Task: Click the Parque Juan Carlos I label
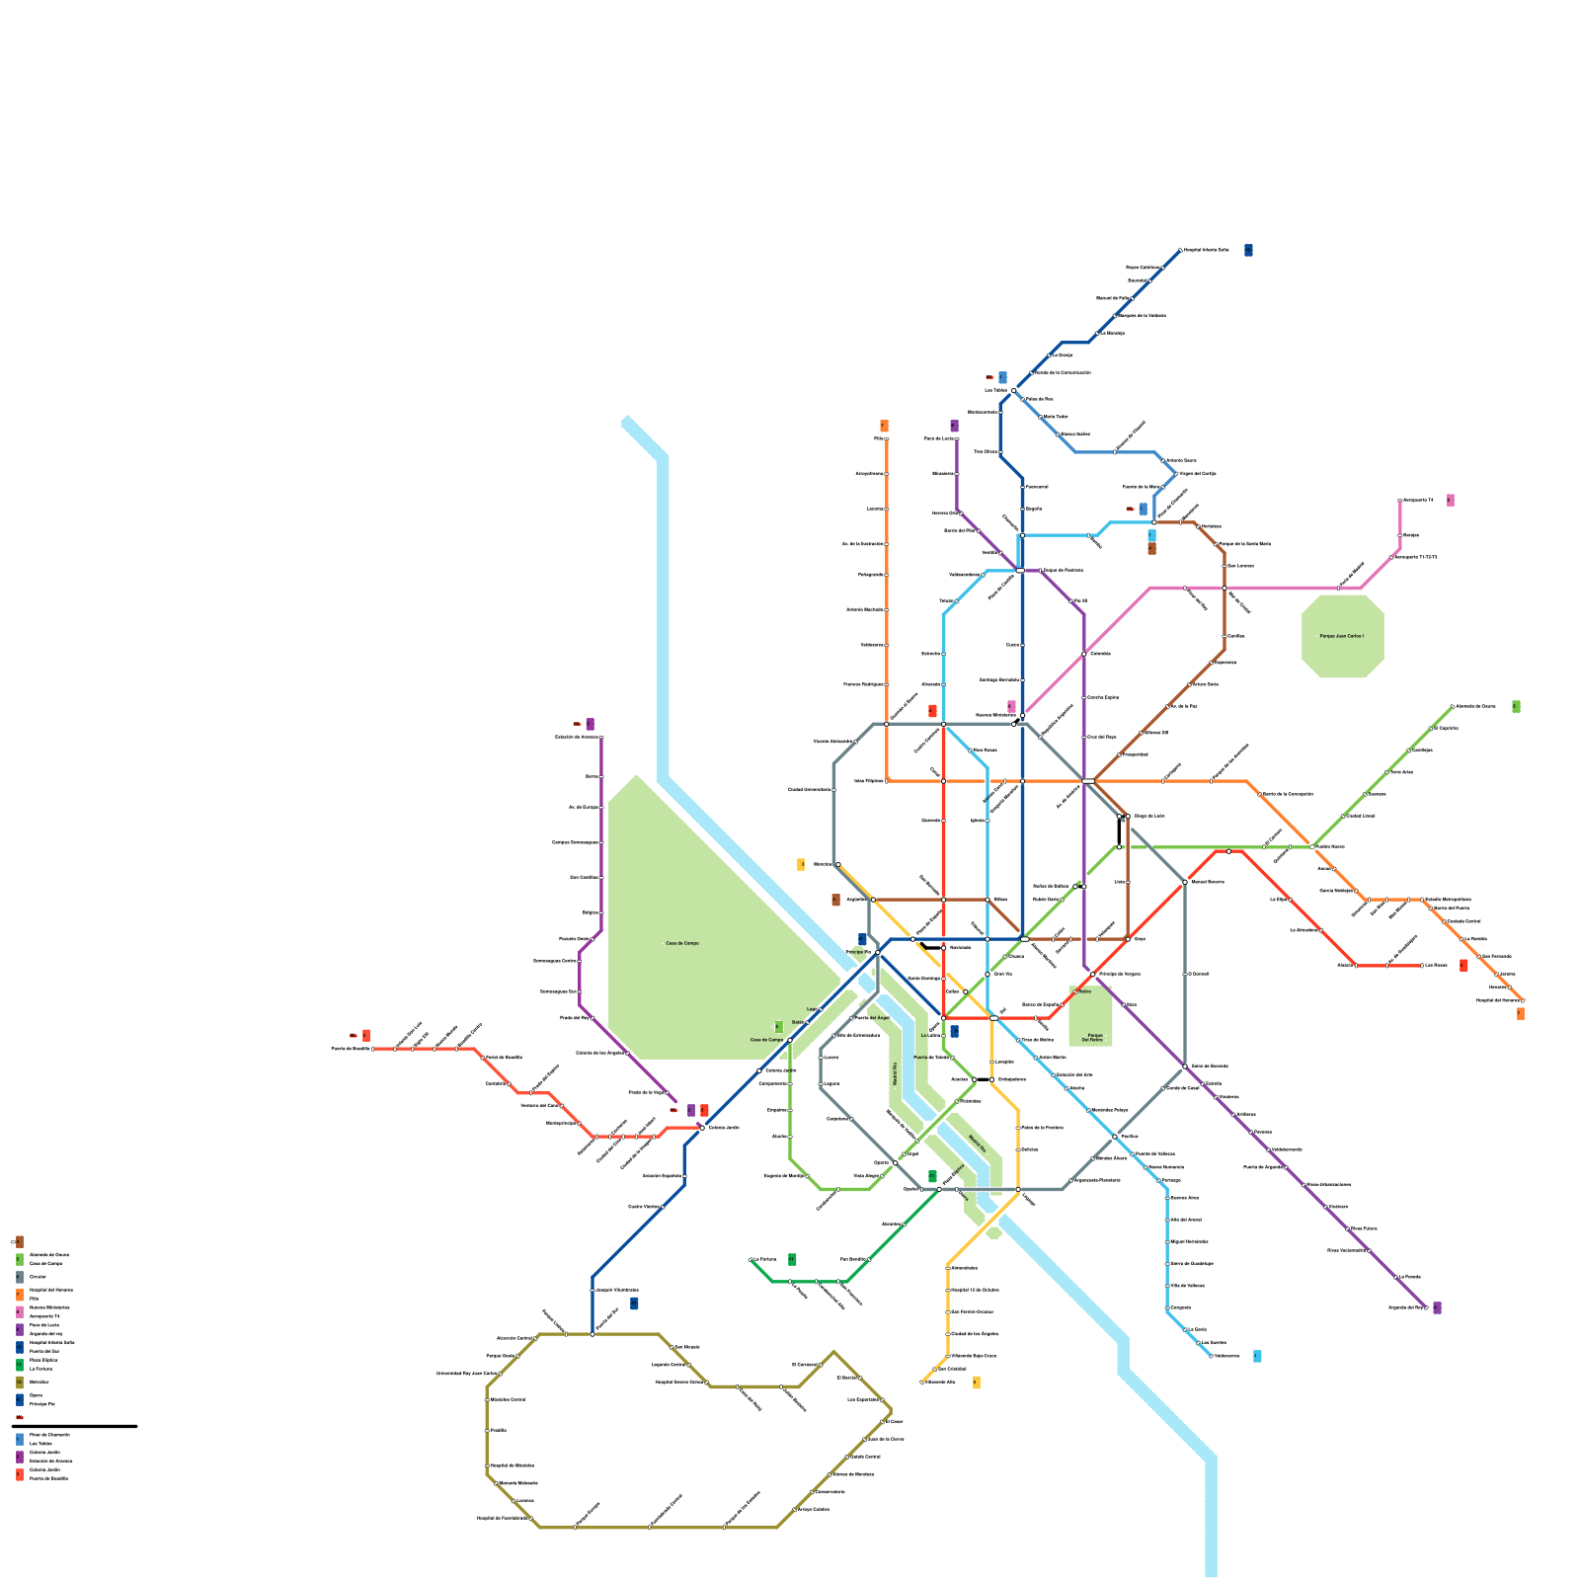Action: click(x=1342, y=636)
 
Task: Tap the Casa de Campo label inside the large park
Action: click(x=681, y=943)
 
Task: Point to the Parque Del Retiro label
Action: click(x=1090, y=1037)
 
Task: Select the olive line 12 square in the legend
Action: click(x=20, y=1382)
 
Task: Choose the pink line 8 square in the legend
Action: click(x=20, y=1311)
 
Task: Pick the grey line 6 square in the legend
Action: click(x=20, y=1277)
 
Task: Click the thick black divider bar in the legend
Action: click(x=74, y=1426)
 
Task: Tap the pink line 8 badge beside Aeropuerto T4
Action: click(x=1450, y=501)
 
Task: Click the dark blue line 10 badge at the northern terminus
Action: click(x=1248, y=250)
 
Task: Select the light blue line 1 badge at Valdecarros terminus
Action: click(x=1256, y=1356)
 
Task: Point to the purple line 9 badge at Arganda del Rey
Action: click(x=1437, y=1307)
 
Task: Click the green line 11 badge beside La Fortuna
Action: click(x=792, y=1259)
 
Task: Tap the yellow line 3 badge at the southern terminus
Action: click(x=976, y=1382)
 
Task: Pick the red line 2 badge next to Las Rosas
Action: click(x=1463, y=965)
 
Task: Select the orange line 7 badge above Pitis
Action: click(x=884, y=427)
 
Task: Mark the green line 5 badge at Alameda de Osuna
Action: click(x=1516, y=706)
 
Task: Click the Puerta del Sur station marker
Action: click(x=592, y=1334)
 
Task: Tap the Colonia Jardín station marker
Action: click(x=702, y=1127)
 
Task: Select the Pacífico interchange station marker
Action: click(x=1115, y=1137)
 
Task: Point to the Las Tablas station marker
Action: click(x=1013, y=391)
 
